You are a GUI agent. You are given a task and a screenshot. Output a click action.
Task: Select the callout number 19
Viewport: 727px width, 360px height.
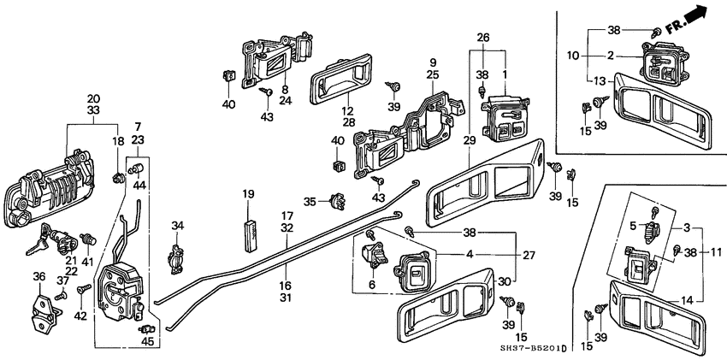(x=248, y=194)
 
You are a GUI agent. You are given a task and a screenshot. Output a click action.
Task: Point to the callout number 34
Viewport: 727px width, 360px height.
(x=177, y=226)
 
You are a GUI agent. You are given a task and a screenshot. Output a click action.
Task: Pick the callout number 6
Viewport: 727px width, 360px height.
(x=371, y=284)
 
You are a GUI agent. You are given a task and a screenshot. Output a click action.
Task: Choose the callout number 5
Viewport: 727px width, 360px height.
(x=633, y=226)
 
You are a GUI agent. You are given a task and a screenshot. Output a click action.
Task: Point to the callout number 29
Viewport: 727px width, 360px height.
(x=470, y=139)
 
